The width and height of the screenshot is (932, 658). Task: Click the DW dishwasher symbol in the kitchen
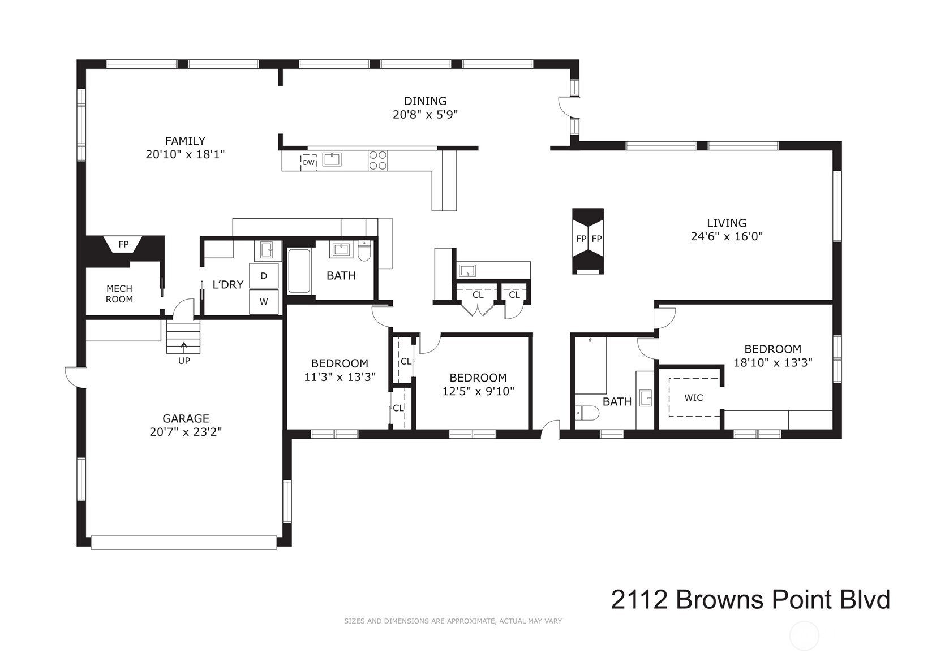click(309, 163)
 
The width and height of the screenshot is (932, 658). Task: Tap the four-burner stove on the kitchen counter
click(378, 161)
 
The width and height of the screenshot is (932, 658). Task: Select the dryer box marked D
click(264, 276)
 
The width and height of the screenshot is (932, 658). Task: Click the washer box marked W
click(264, 302)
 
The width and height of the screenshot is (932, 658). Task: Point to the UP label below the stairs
click(184, 361)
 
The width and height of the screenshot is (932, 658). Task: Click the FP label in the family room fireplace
click(123, 244)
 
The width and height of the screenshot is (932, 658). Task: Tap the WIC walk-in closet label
click(694, 398)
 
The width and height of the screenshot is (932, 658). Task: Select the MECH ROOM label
click(119, 294)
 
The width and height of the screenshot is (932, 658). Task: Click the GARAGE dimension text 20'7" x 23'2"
click(186, 432)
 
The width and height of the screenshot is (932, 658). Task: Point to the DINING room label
click(425, 101)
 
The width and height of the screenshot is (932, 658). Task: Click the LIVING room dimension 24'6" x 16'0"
click(727, 236)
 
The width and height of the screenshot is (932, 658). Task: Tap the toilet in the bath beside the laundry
click(364, 250)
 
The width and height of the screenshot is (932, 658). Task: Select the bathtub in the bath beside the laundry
click(299, 271)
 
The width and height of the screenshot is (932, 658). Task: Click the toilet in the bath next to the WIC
click(587, 413)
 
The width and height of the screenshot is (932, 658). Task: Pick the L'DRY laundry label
click(228, 285)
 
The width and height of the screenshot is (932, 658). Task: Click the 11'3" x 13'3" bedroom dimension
click(340, 377)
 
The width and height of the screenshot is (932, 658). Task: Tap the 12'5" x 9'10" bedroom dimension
click(479, 391)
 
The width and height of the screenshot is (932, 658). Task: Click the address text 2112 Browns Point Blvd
click(750, 600)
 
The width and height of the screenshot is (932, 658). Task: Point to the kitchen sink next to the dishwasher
click(332, 159)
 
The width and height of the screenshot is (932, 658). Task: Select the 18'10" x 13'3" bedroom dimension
click(772, 363)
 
